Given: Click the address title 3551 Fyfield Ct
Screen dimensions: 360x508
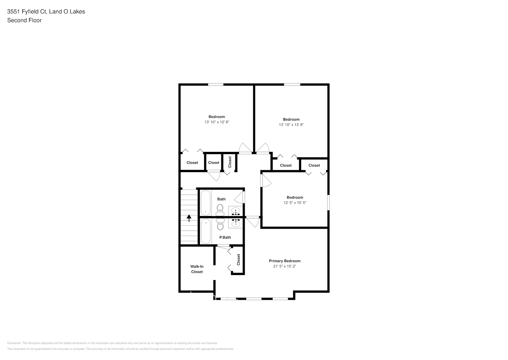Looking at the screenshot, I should [x=46, y=12].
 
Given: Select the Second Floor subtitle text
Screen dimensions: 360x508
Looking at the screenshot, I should [x=24, y=20].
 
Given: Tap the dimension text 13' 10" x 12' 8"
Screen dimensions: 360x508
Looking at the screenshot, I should [x=217, y=122].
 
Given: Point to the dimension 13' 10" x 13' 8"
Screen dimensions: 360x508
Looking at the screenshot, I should [x=291, y=125].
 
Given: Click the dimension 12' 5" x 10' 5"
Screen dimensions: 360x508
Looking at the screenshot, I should [x=295, y=203].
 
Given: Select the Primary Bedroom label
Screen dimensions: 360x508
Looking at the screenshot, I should [x=285, y=261].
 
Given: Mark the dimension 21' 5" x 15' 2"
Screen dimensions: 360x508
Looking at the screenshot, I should [x=285, y=266].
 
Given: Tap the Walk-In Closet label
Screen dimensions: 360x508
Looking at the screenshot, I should [x=197, y=269].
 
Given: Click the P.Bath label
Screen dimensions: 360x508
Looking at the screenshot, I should [x=225, y=237].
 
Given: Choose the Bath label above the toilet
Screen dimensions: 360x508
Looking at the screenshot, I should [x=221, y=199].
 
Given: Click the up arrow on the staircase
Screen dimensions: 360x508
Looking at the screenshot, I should [x=189, y=218].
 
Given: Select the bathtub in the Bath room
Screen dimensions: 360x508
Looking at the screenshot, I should [x=205, y=203].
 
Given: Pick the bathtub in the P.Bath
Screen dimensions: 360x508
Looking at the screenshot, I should [x=205, y=231].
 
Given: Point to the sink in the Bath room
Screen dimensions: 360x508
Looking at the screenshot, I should [x=236, y=210].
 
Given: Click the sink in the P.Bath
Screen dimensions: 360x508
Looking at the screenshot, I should [x=236, y=224].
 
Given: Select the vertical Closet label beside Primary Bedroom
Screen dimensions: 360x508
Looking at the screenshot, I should [x=239, y=260].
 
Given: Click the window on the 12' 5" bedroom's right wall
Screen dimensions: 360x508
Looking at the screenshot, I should [x=328, y=202].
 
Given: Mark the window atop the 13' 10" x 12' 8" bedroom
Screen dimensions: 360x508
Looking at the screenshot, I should [x=216, y=85].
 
